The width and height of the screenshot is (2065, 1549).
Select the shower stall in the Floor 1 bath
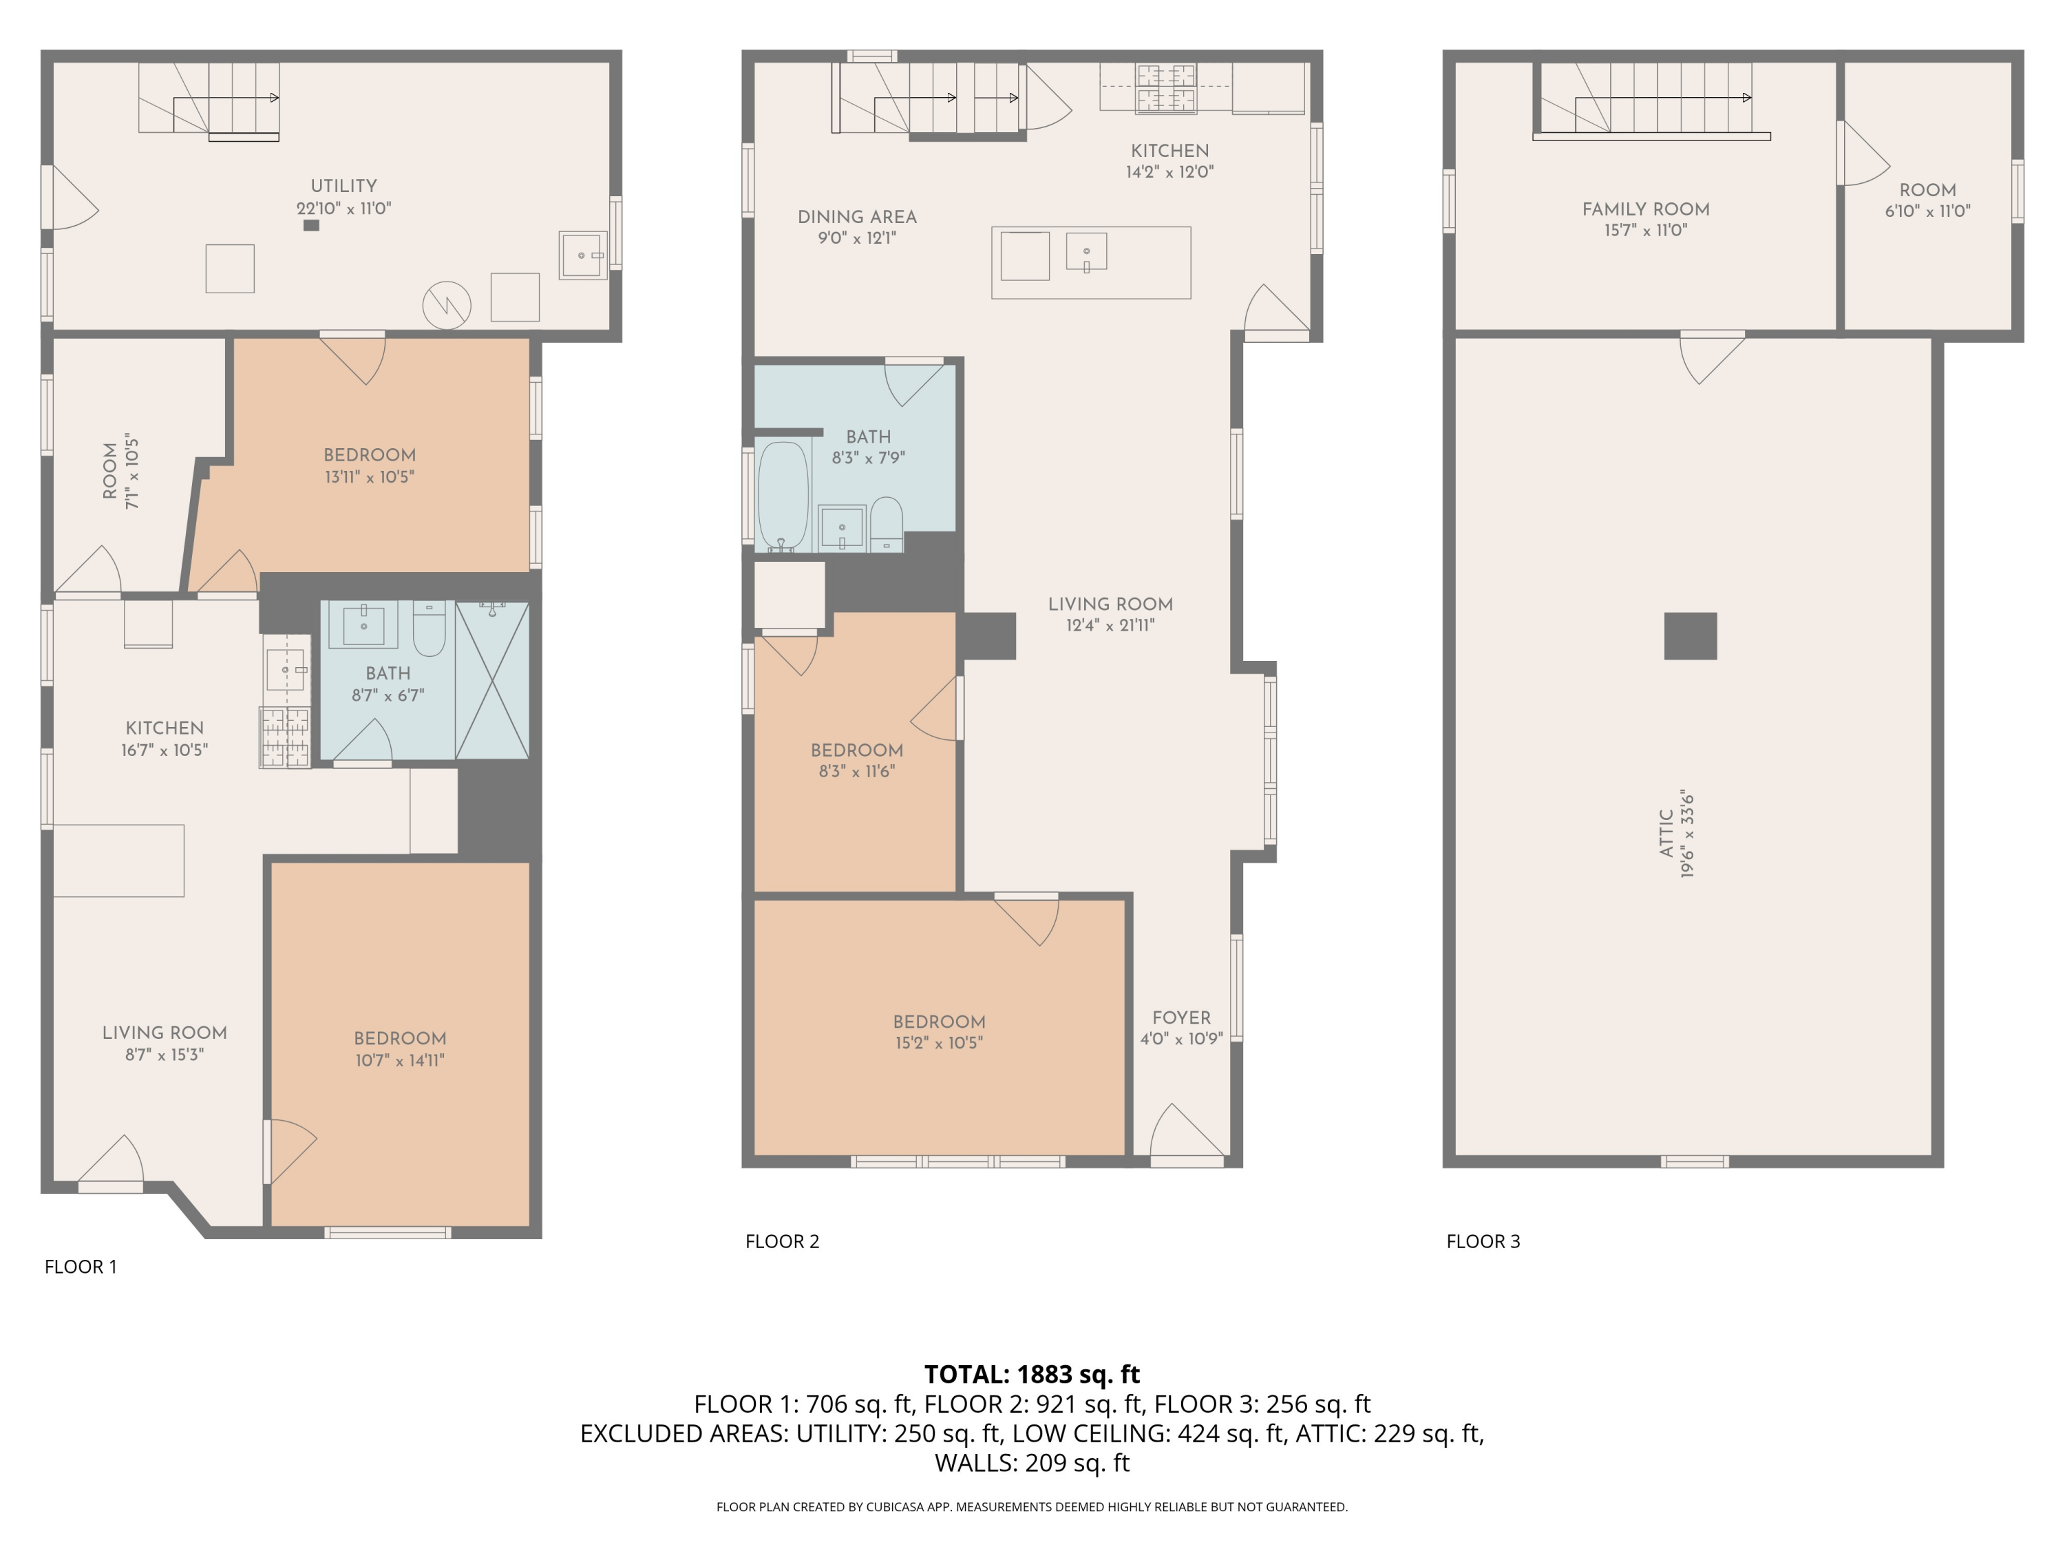(x=492, y=679)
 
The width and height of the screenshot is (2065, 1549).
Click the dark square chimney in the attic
(x=1690, y=636)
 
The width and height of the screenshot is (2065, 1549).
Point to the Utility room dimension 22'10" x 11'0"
(x=344, y=208)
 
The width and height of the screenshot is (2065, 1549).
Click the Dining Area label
(x=857, y=217)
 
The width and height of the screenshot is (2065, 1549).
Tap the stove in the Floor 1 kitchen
(x=285, y=737)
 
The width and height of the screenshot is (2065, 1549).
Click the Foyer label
(x=1181, y=1018)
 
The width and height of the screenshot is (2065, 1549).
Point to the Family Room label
(x=1645, y=209)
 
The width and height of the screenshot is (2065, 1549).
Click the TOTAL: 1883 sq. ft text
(x=1032, y=1374)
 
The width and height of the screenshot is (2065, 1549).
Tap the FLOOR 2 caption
(x=783, y=1241)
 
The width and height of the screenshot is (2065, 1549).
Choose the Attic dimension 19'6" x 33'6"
(x=1688, y=834)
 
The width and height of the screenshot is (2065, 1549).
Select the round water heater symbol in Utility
(x=446, y=304)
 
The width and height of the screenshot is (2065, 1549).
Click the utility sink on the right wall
(x=584, y=255)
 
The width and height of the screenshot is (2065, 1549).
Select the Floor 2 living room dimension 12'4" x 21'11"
(x=1110, y=626)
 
